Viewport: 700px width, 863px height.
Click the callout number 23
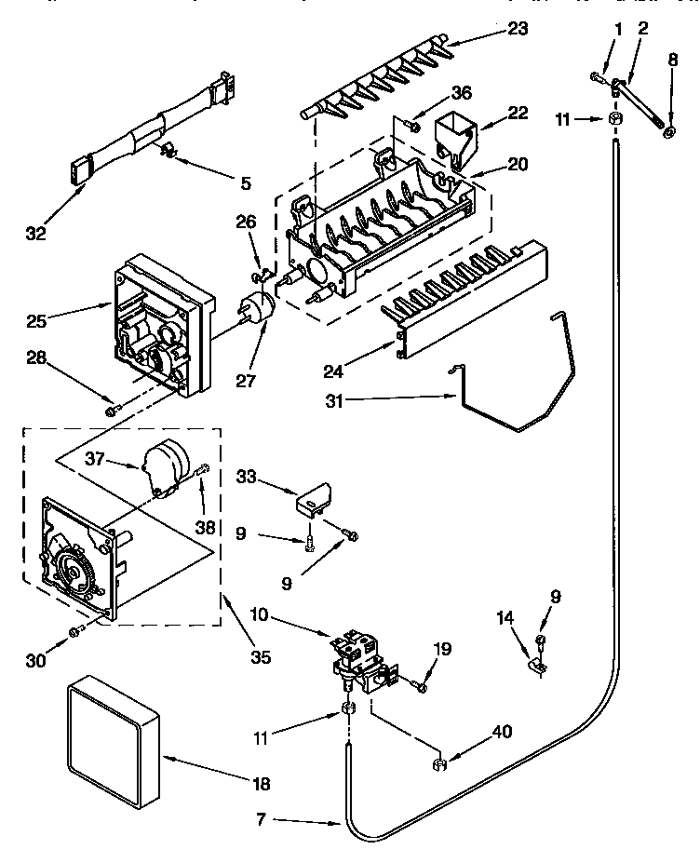coord(518,29)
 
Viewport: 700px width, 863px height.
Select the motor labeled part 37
coord(168,463)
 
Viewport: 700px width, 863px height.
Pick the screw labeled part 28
coord(113,411)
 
